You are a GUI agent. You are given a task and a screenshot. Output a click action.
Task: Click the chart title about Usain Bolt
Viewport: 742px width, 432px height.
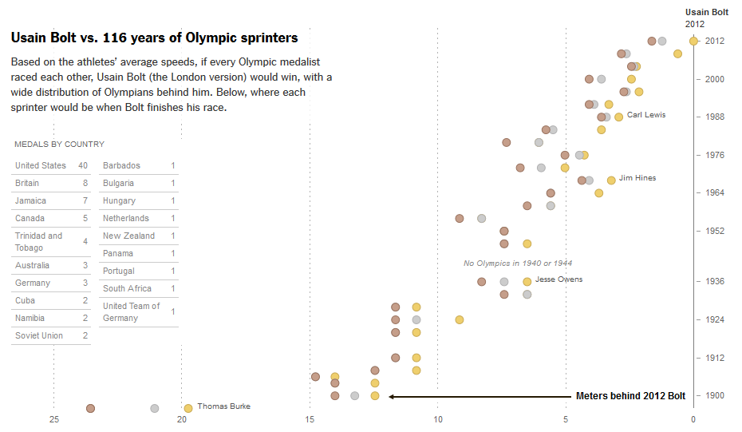click(154, 38)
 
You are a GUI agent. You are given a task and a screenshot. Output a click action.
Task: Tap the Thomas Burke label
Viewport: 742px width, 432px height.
click(223, 406)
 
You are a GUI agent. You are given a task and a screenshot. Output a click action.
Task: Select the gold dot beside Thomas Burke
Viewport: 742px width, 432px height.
click(188, 408)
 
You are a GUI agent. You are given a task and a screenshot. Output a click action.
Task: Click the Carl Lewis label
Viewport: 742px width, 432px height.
click(646, 115)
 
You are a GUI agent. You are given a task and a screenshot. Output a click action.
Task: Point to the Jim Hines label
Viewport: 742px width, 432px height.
click(637, 178)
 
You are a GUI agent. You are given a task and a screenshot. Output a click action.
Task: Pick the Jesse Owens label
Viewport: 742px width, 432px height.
click(558, 279)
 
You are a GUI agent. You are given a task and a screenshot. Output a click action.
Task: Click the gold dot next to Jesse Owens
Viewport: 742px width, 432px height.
click(527, 281)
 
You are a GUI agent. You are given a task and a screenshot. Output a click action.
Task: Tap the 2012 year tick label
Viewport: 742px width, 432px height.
click(715, 42)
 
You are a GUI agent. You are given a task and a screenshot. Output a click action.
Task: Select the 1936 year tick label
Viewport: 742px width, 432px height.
click(715, 281)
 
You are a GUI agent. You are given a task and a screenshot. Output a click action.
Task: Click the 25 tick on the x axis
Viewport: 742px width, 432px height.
click(54, 420)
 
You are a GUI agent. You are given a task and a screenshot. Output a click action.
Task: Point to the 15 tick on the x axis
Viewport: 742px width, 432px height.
click(310, 420)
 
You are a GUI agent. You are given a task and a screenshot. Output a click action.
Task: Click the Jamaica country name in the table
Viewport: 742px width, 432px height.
click(30, 200)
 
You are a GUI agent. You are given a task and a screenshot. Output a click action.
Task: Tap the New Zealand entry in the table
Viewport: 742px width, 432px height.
click(128, 236)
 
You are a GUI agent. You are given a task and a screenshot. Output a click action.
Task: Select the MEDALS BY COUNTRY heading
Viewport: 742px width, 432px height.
click(59, 145)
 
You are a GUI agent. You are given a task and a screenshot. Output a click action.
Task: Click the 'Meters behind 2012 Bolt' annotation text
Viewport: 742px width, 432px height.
click(630, 396)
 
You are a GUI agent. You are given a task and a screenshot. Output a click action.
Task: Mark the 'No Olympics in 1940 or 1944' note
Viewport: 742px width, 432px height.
click(518, 263)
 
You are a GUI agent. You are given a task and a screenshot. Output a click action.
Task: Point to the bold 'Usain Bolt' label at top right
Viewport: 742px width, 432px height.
click(707, 12)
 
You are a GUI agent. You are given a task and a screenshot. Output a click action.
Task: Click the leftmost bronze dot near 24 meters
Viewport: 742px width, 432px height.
click(91, 408)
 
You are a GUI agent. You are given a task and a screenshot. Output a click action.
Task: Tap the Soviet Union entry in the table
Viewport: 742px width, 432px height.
click(39, 335)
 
